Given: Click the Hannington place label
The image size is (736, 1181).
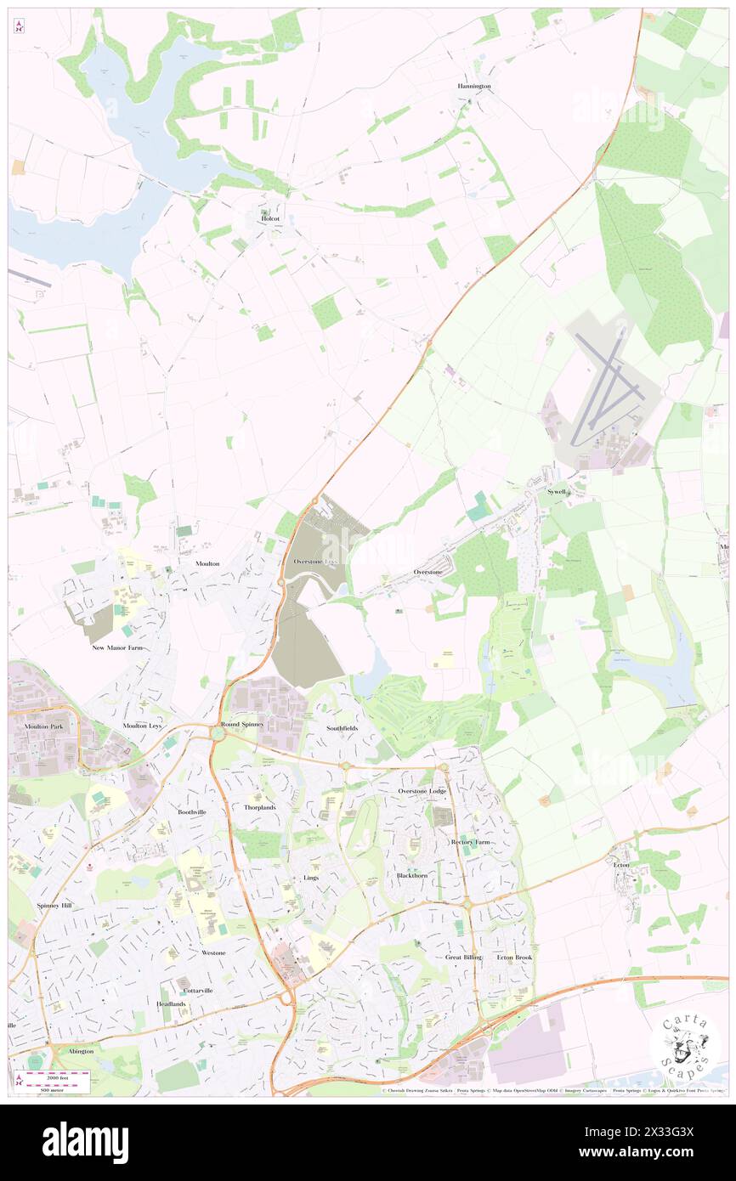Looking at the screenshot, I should [474, 87].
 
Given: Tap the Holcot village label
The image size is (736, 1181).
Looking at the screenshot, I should [270, 218].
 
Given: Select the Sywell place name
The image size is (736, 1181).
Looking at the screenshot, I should [557, 492].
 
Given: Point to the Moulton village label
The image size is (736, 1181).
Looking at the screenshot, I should [207, 563].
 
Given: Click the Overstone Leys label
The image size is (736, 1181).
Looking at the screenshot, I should [315, 562].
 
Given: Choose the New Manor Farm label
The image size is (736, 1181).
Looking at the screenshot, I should [118, 647].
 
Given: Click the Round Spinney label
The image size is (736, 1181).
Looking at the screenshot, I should [242, 724].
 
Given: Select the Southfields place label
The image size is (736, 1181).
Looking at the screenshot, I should [343, 728].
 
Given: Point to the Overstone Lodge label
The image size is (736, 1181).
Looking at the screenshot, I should [422, 791].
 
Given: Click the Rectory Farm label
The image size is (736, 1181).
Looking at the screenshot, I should [470, 842].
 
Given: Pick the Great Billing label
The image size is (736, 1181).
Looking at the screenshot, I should [463, 958].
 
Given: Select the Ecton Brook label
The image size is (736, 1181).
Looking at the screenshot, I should [514, 958].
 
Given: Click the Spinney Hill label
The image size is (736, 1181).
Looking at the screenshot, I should [54, 906].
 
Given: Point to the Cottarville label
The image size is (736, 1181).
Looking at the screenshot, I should [195, 991].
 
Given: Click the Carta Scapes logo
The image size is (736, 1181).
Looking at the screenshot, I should [685, 1044].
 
